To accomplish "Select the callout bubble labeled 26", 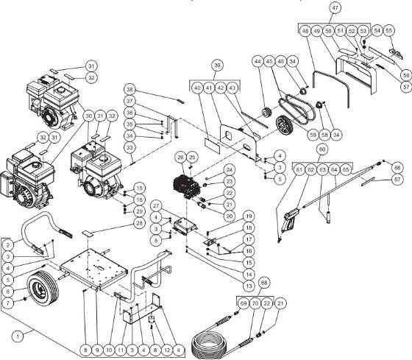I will (180, 157).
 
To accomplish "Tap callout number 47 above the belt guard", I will (355, 9).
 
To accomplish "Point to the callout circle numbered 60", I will (321, 149).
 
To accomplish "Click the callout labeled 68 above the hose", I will (264, 283).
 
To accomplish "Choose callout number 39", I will (216, 66).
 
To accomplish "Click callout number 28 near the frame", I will (139, 222).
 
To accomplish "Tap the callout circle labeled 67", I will (397, 180).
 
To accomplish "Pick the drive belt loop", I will (302, 107).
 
